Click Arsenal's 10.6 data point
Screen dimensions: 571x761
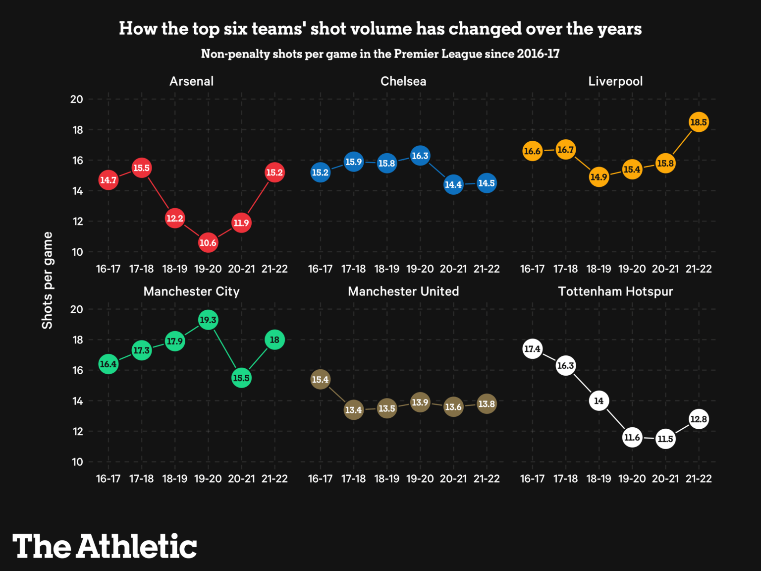point(208,243)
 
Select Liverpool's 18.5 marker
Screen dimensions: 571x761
point(699,122)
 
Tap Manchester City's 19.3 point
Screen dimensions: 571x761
point(208,320)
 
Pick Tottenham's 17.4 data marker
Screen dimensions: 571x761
point(532,349)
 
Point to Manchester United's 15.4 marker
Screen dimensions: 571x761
point(320,380)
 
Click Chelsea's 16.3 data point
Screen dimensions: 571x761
point(420,156)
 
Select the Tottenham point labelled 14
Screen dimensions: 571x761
point(599,401)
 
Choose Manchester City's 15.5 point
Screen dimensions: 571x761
point(241,378)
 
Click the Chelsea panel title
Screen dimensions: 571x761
point(403,81)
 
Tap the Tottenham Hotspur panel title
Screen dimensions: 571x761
point(615,291)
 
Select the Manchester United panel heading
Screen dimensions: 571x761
point(403,291)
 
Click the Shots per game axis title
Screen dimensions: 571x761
point(47,280)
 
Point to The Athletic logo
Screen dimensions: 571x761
point(105,546)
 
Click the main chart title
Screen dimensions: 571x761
point(380,29)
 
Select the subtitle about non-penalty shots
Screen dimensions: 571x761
point(380,54)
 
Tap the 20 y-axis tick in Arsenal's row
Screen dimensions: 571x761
point(77,99)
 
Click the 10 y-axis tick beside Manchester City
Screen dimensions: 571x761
point(77,462)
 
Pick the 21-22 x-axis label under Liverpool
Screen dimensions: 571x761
point(699,269)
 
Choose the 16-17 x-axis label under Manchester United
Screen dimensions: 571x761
point(320,479)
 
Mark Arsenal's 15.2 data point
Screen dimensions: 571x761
point(274,172)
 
